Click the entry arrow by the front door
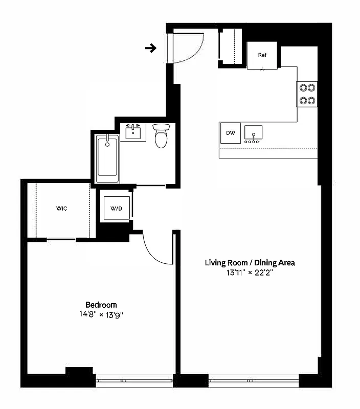[x=150, y=49]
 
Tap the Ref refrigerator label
[x=262, y=55]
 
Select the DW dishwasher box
[x=231, y=133]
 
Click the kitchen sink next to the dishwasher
[x=253, y=133]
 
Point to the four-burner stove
[x=307, y=94]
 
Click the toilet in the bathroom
[x=161, y=136]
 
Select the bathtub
[x=107, y=158]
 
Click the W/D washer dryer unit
[x=117, y=208]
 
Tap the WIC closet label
[x=62, y=209]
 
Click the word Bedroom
[x=101, y=304]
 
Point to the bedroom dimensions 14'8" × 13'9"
[x=101, y=314]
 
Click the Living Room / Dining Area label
[x=250, y=263]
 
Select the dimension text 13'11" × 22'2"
[x=250, y=273]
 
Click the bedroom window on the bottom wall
[x=134, y=379]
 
